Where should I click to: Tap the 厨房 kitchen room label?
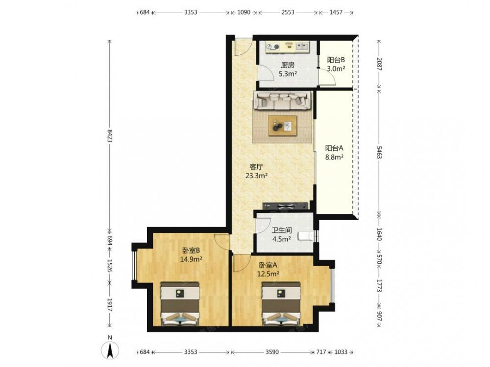coord(288,65)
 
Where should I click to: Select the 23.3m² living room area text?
coord(256,176)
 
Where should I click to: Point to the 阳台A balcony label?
coord(334,148)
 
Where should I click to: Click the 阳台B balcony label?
coord(336,60)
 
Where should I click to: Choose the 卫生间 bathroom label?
coord(282,230)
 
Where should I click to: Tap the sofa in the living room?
coord(283,100)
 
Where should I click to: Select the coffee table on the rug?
coord(283,126)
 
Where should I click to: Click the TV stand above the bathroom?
coord(285,206)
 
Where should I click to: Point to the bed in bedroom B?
coord(180,304)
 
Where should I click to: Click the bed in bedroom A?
coord(281,304)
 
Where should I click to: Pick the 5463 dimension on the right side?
coord(379,152)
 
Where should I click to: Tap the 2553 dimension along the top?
coord(288,12)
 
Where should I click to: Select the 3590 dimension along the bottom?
coord(272,352)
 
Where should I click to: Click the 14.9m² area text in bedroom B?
coord(191,259)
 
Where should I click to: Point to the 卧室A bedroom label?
coord(268,265)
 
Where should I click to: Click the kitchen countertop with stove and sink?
coord(287,46)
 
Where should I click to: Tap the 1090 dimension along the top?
coord(244,12)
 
